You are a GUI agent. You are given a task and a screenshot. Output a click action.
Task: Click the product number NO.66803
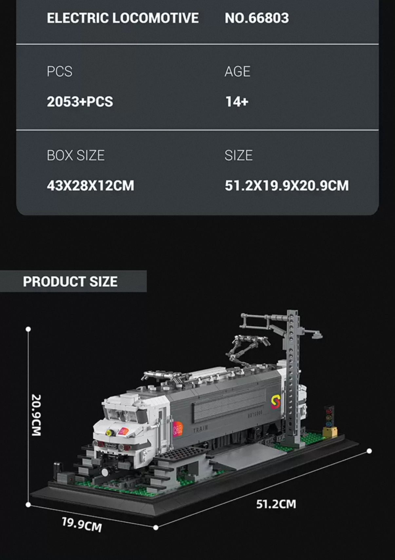click(x=257, y=18)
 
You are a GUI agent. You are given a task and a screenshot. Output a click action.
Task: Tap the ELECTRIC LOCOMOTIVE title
click(x=122, y=18)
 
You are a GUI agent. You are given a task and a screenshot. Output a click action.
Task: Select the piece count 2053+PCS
click(x=80, y=102)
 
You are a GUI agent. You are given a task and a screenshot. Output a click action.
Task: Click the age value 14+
click(x=237, y=102)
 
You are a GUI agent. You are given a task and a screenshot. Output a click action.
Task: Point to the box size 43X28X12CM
click(x=90, y=186)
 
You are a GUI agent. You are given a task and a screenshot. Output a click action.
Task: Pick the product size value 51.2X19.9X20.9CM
click(x=287, y=186)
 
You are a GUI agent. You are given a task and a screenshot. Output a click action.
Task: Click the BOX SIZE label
click(x=76, y=155)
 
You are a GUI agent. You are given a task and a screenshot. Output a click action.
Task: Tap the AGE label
click(x=237, y=71)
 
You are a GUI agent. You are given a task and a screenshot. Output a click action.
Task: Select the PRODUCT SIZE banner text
click(x=70, y=282)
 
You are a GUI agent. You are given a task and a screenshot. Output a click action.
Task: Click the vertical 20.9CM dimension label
click(x=36, y=415)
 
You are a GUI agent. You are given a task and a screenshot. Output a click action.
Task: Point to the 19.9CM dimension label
click(x=82, y=524)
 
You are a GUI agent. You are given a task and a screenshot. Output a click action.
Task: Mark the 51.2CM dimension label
click(x=276, y=504)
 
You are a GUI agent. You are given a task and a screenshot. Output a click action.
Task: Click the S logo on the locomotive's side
click(x=276, y=402)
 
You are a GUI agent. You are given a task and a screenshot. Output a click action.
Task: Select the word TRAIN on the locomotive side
click(x=200, y=429)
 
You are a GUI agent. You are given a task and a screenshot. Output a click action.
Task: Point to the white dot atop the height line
click(x=28, y=329)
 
